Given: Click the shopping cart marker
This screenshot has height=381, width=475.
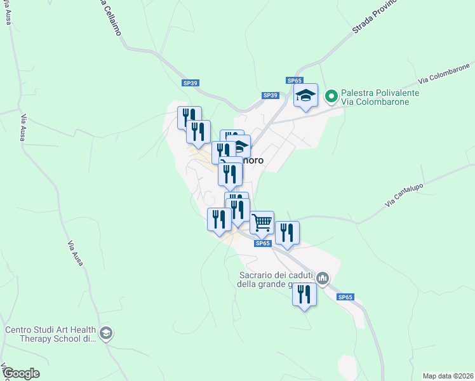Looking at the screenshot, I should (262, 223).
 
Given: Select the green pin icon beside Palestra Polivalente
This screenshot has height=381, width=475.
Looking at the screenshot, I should (330, 97).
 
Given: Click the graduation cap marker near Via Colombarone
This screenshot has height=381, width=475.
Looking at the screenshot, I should (305, 96).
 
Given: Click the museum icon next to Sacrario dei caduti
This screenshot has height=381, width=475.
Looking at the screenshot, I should (323, 278).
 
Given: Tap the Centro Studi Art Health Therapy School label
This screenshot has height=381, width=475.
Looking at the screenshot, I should (50, 334).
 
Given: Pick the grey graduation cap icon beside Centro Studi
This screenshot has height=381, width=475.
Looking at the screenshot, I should (106, 333).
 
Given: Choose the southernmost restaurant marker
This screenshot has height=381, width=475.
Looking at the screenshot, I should (304, 295).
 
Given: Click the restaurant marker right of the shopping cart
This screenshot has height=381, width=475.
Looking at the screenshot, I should (287, 233).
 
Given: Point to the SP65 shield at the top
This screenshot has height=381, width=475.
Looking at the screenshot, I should (294, 81).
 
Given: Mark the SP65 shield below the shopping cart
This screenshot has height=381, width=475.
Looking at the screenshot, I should (263, 243).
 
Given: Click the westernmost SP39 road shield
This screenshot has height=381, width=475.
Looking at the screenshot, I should (190, 83).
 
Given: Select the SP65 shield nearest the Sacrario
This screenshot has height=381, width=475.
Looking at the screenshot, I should (344, 297).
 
